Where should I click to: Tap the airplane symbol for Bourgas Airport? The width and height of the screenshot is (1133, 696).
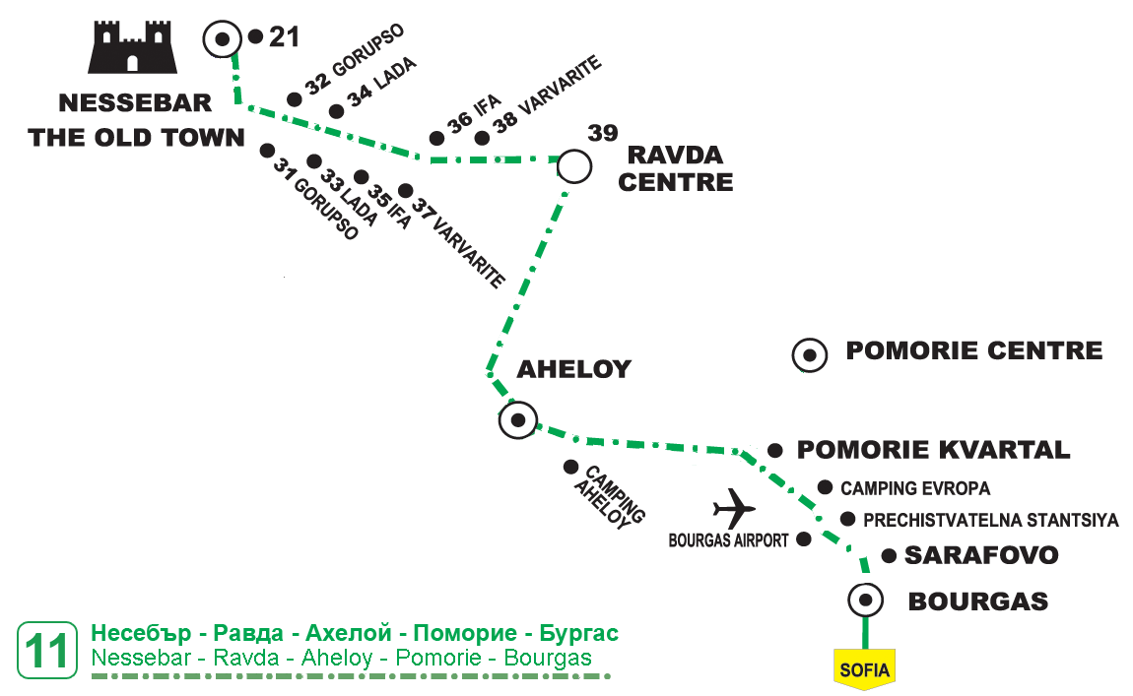[x=734, y=508]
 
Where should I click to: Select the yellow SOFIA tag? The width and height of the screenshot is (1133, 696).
[x=864, y=669]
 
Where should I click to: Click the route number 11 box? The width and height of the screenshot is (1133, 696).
[x=47, y=651]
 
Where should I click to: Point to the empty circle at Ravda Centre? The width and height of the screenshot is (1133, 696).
[x=574, y=165]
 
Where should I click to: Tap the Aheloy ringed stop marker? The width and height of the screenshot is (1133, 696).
[x=516, y=420]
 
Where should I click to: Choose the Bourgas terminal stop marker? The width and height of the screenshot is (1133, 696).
[x=865, y=599]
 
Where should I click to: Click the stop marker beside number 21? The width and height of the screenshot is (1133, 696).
[x=223, y=39]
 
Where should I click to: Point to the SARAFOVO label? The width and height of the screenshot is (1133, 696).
[x=981, y=555]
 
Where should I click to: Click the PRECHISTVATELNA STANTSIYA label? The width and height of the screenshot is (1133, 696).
[x=990, y=520]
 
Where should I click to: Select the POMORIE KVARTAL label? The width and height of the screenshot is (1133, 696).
[x=933, y=450]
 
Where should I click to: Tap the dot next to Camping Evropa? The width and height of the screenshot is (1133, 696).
[x=826, y=486]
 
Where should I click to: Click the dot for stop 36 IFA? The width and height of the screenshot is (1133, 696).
[x=436, y=139]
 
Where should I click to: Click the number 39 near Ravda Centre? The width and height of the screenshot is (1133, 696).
[x=603, y=133]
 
